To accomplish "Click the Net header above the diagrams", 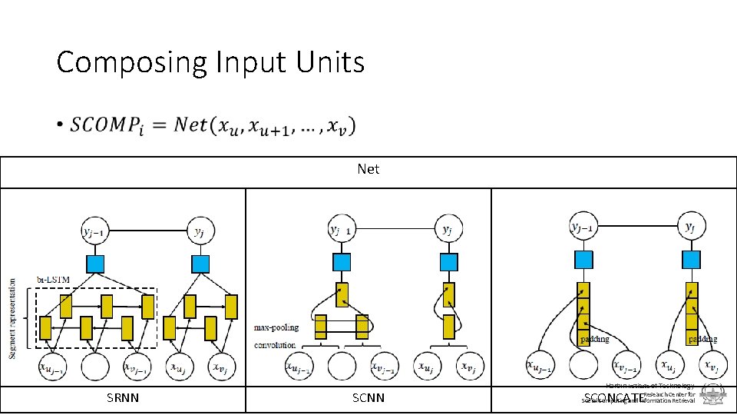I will pos(368,168).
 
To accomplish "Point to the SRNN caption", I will pos(123,398).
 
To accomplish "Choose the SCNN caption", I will pos(368,398).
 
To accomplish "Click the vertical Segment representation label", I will pos(12,308).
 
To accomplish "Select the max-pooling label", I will pos(276,327).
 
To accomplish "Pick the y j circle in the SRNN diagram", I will pos(200,229).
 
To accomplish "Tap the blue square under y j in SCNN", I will pos(448,262).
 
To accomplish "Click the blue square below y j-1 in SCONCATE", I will pos(584,259).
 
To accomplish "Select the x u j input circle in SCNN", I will pos(428,367).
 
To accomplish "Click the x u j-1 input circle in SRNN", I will pos(53,367).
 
